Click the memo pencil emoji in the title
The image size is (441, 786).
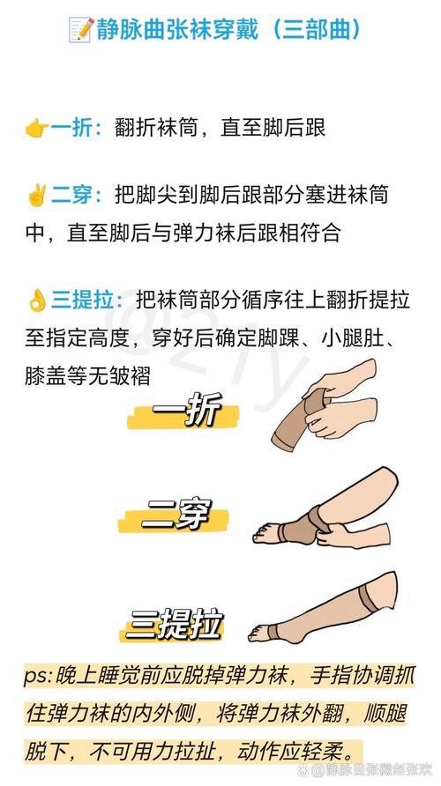point(80,30)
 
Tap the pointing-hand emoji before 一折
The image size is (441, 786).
point(36,128)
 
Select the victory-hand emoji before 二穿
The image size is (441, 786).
point(36,195)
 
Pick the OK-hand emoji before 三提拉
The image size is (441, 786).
point(36,300)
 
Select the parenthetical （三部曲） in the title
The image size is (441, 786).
point(312,30)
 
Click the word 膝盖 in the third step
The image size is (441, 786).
point(45,374)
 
